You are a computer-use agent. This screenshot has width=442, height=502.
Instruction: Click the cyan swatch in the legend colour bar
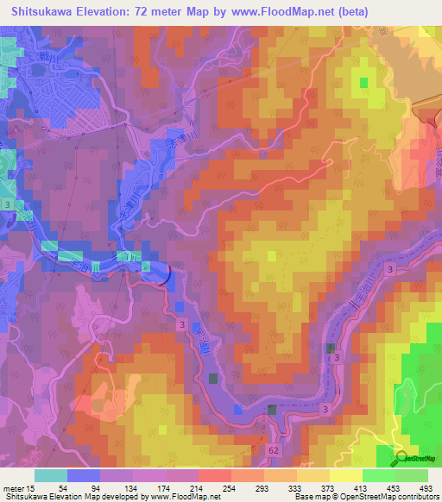coord(51,475)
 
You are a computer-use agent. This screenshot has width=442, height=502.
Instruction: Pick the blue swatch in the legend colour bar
coord(84,475)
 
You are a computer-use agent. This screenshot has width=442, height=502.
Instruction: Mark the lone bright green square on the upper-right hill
coord(363,82)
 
